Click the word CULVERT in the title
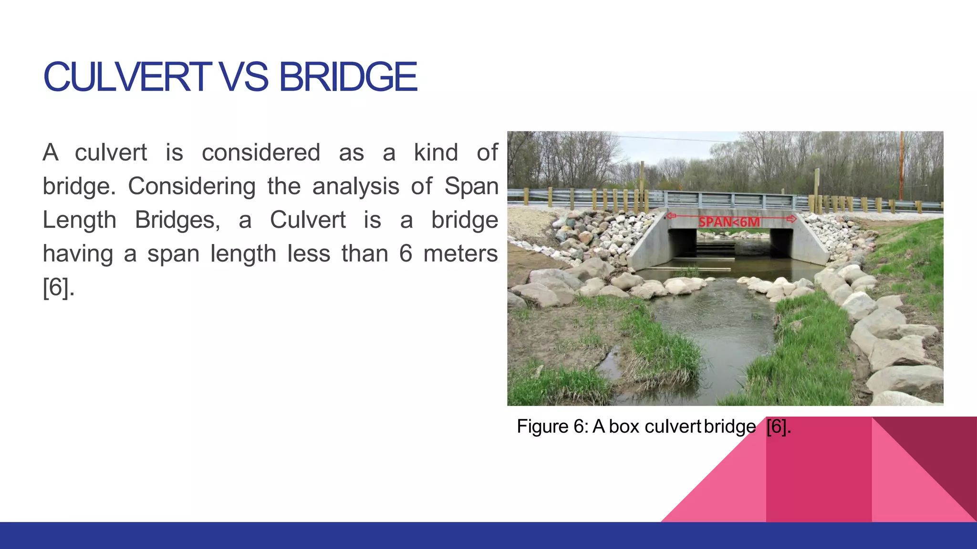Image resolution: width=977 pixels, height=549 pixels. (126, 77)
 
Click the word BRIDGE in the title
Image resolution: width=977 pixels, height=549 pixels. (348, 77)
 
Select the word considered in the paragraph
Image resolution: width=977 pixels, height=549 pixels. (260, 153)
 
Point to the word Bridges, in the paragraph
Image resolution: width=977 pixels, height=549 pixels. (177, 220)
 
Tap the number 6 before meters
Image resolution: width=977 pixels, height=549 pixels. (405, 254)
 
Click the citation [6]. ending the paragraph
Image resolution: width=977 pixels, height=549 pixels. (58, 287)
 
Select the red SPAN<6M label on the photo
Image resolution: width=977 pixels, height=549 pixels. (729, 222)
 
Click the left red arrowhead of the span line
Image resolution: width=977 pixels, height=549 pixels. (671, 216)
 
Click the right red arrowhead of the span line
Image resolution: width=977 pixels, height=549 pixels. (791, 219)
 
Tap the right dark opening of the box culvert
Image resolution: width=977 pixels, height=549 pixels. (781, 244)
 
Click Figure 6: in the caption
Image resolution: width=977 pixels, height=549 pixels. (552, 427)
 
